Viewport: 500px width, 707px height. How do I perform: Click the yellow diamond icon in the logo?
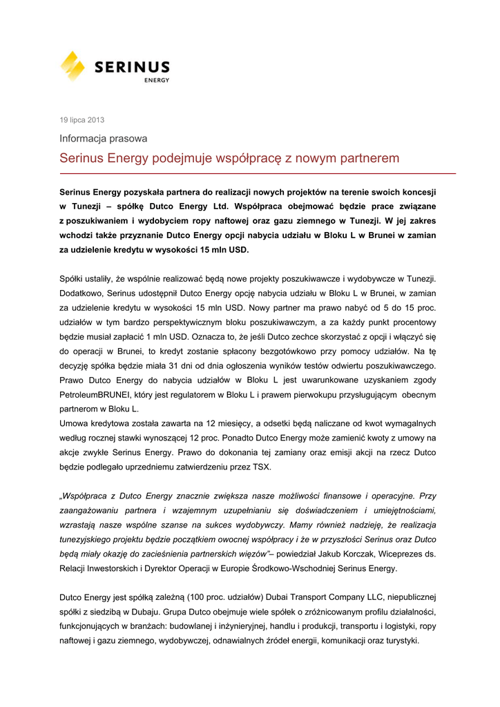coord(73,66)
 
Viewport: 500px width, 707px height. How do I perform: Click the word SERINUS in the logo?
coord(131,67)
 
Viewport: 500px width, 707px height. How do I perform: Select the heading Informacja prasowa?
coord(103,139)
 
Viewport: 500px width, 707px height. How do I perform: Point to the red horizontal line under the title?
coord(258,173)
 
